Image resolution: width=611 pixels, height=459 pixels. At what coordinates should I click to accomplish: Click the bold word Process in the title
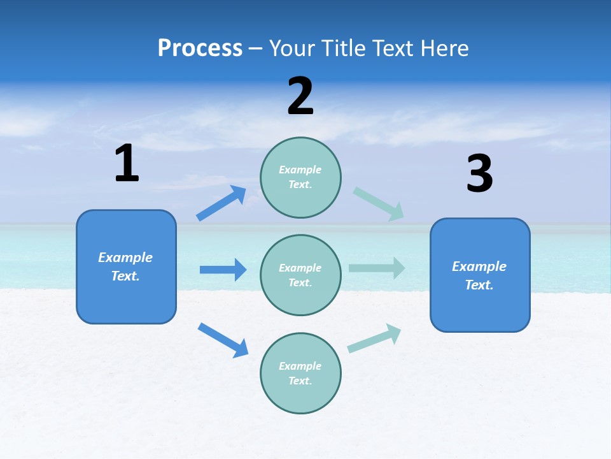(x=200, y=48)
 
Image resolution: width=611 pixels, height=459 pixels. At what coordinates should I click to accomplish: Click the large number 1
(x=127, y=164)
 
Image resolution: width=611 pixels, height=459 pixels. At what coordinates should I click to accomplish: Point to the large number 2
(x=300, y=96)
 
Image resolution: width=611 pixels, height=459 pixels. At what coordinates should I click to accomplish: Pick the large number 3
(x=479, y=174)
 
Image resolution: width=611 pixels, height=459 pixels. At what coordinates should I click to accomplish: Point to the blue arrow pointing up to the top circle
(x=221, y=203)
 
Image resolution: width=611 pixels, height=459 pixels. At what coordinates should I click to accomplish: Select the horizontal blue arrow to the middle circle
(x=223, y=270)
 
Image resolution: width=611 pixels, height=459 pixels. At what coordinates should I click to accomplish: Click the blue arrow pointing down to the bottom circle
(x=223, y=340)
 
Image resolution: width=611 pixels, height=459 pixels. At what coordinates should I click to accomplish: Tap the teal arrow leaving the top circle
(x=379, y=204)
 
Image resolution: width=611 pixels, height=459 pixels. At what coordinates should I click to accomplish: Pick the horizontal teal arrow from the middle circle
(x=377, y=268)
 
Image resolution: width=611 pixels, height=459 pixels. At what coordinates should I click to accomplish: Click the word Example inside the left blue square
(x=125, y=258)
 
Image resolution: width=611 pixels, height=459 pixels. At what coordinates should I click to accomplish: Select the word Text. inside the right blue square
(x=479, y=285)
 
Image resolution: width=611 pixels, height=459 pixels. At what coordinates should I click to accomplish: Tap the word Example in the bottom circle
(x=300, y=366)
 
